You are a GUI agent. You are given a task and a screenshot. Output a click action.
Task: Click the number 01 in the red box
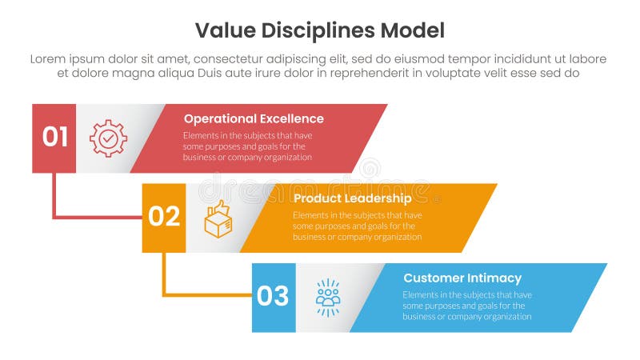[x=54, y=138]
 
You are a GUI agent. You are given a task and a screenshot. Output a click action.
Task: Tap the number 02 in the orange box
[x=164, y=217]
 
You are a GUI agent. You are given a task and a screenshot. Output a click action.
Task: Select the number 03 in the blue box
[x=274, y=297]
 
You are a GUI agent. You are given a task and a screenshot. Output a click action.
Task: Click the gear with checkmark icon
[x=108, y=138]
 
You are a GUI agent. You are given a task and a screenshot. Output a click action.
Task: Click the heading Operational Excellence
[x=254, y=118]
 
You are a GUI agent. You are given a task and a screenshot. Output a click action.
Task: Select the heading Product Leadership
[x=352, y=198]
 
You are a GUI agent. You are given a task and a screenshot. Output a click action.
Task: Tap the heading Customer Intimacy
[x=462, y=278]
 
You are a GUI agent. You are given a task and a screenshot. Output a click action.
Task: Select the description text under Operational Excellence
[x=248, y=146]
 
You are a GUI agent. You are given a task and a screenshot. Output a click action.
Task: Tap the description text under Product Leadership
[x=357, y=226]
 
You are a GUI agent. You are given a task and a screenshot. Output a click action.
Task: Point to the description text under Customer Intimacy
[x=466, y=306]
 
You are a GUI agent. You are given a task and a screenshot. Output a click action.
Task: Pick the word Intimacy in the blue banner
[x=494, y=278]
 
